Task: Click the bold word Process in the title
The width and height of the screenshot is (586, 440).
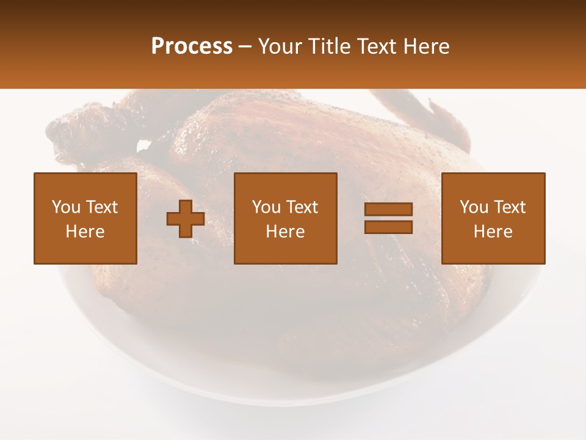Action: [x=192, y=46]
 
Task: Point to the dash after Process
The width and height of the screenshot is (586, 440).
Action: [x=245, y=47]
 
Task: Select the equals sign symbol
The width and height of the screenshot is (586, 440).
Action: [x=388, y=218]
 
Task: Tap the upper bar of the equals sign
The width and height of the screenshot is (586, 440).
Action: [x=388, y=210]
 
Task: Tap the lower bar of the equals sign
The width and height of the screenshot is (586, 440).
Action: [x=388, y=227]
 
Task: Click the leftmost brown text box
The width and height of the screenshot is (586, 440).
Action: [x=85, y=218]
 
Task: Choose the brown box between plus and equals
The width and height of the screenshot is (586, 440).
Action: [x=286, y=218]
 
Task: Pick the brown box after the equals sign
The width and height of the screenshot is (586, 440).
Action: [x=493, y=218]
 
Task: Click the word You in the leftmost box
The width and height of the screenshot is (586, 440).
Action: [x=66, y=207]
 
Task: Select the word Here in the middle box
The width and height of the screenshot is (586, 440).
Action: [x=286, y=232]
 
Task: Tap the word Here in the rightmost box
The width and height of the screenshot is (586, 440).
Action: [x=493, y=232]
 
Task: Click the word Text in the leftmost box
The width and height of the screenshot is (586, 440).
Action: [x=101, y=207]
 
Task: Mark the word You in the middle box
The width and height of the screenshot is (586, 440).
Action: [x=266, y=207]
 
